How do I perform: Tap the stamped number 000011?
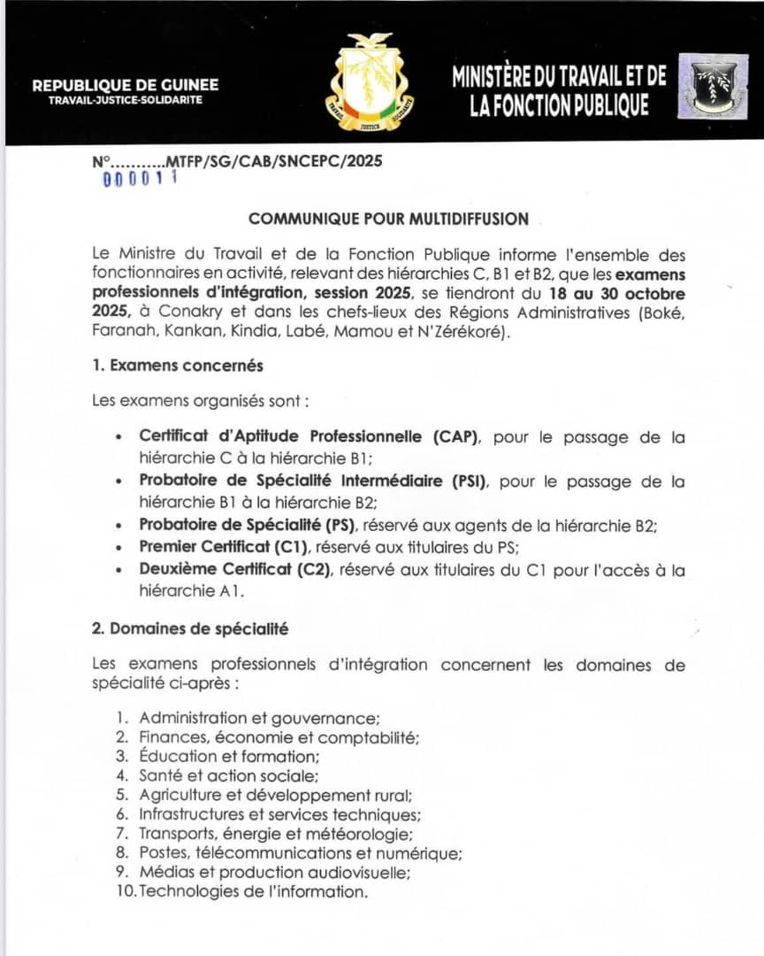pyautogui.click(x=141, y=179)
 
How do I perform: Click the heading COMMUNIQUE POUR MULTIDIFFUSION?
pyautogui.click(x=388, y=219)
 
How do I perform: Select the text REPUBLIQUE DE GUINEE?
pyautogui.click(x=126, y=86)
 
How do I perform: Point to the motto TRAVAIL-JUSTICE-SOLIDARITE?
pyautogui.click(x=126, y=100)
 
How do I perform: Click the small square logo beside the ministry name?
pyautogui.click(x=713, y=87)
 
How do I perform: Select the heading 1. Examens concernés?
pyautogui.click(x=177, y=365)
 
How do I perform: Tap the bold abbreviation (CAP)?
pyautogui.click(x=455, y=436)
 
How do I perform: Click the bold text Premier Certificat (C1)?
pyautogui.click(x=229, y=547)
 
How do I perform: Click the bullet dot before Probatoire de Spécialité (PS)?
pyautogui.click(x=119, y=526)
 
